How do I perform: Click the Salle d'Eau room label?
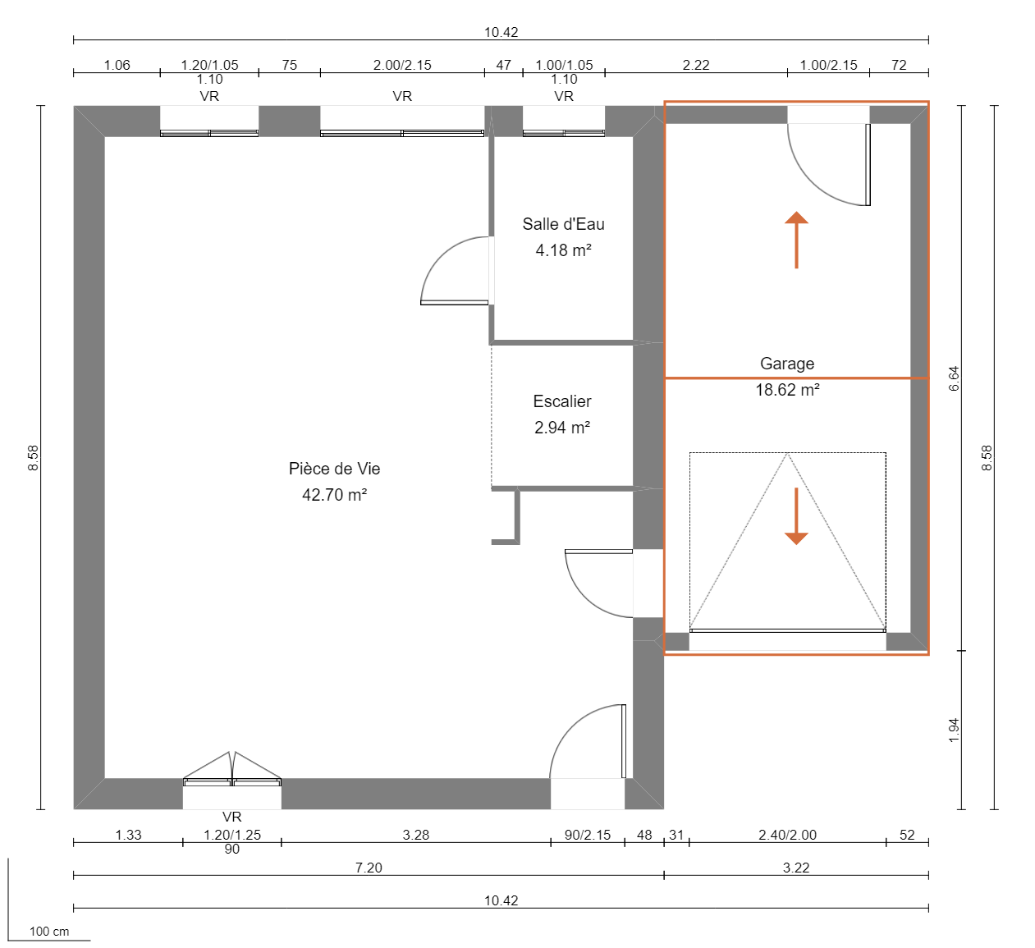[563, 224]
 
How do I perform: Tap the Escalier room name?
[562, 401]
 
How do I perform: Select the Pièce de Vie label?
[334, 469]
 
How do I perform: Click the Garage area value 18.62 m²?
[787, 390]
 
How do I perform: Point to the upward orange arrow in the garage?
[796, 240]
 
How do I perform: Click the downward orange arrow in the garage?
[796, 516]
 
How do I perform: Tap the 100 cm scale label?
[49, 932]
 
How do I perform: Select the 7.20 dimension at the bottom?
[369, 868]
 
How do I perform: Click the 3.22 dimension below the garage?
[796, 868]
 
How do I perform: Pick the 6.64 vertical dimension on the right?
[954, 378]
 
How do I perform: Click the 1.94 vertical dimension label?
[954, 730]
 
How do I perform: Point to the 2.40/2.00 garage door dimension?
[787, 835]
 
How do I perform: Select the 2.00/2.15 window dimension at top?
[402, 65]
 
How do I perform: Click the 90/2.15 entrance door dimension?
[588, 835]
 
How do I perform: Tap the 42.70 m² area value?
[334, 495]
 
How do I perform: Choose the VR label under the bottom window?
[232, 817]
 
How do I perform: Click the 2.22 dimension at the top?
[696, 65]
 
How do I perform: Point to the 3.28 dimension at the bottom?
[416, 835]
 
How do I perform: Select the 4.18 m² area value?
[563, 250]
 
